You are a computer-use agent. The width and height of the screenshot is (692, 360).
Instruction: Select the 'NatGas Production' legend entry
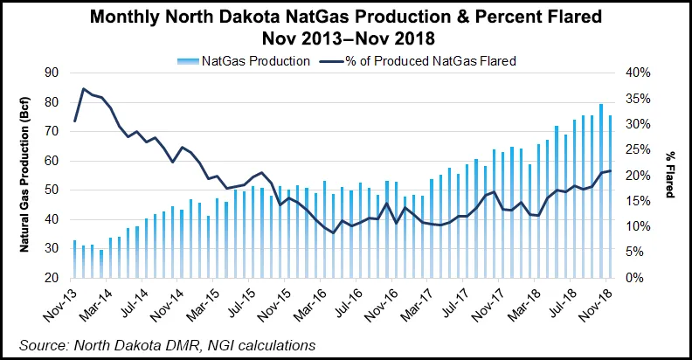255,60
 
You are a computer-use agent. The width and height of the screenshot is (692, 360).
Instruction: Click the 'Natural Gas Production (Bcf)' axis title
28,176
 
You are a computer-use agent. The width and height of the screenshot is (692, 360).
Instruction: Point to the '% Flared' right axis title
669,175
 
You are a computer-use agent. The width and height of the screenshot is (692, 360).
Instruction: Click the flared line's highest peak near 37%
83,89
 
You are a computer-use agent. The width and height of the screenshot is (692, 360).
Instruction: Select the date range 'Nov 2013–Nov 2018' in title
346,39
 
